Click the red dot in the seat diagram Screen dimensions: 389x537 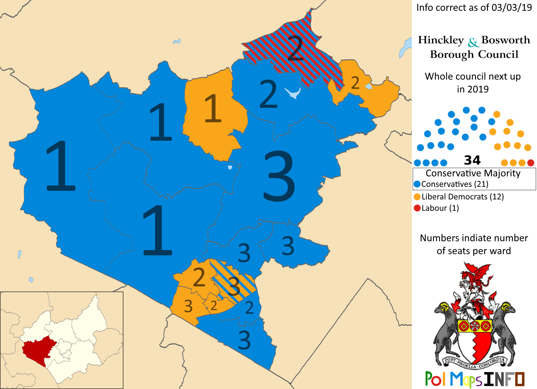531,163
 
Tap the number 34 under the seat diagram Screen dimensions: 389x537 472,160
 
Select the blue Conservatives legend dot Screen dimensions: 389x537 417,184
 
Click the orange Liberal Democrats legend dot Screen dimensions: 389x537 417,197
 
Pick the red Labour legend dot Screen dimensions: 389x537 417,208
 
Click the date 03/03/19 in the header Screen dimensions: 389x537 512,7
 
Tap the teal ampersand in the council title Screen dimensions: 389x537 473,42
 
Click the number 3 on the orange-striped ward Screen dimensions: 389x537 234,286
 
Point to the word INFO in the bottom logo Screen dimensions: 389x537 504,379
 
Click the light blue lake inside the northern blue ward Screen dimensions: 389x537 293,92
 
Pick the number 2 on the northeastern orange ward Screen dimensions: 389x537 355,83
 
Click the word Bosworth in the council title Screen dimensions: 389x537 505,40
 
